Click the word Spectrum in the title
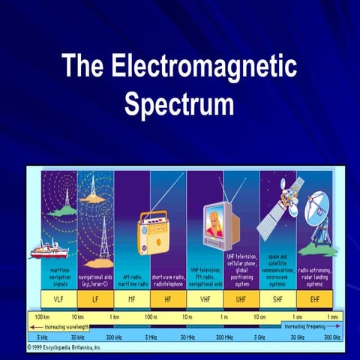click(x=179, y=104)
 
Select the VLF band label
click(x=59, y=298)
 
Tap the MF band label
click(x=131, y=298)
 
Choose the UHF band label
click(x=241, y=298)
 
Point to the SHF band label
click(x=277, y=298)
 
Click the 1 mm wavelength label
click(x=332, y=317)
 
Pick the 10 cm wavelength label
click(x=259, y=317)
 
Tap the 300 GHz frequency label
click(x=331, y=337)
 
